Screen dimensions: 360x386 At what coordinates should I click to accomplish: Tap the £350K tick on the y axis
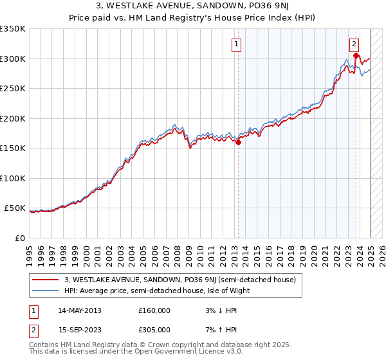coord(13,29)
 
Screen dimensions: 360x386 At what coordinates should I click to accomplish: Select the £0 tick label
coord(21,238)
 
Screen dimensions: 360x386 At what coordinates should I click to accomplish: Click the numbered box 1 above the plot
coord(237,44)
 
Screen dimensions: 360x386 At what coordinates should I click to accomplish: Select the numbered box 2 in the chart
coord(354,44)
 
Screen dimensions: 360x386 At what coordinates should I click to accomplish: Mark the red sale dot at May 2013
coord(238,143)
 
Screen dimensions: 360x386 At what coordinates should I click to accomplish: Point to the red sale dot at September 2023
coord(356,56)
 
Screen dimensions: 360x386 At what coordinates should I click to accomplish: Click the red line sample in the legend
coord(44,280)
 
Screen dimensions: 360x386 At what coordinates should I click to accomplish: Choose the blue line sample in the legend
coord(44,291)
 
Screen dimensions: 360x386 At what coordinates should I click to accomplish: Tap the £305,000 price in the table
coord(154,330)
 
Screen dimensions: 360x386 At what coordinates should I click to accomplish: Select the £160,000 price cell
coord(154,310)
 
